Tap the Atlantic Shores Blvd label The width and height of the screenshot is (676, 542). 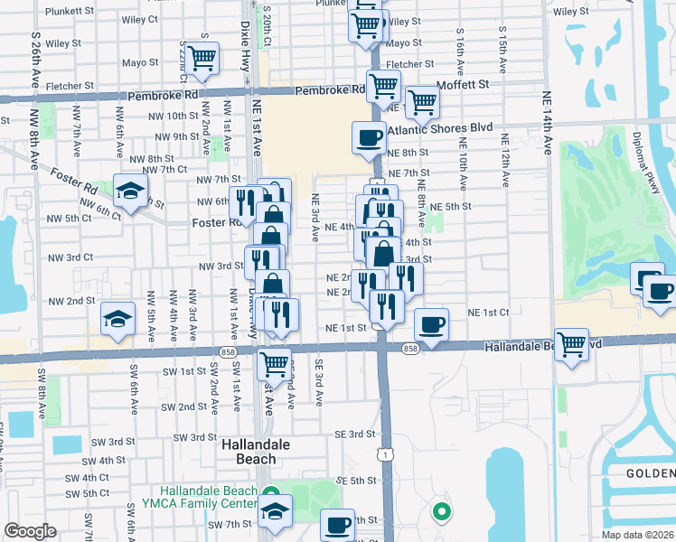439,128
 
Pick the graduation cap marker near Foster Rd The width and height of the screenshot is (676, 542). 130,191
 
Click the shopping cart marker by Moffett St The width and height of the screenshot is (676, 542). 422,102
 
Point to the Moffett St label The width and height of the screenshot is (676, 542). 462,84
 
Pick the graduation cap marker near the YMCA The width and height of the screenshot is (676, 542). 274,510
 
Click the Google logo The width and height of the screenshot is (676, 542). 31,530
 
